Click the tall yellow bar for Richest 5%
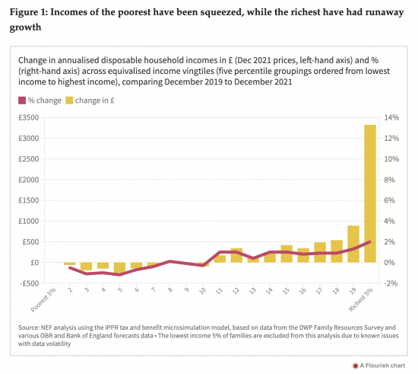(370, 193)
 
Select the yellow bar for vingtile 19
(353, 244)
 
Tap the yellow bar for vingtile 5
(119, 267)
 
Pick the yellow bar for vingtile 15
(287, 254)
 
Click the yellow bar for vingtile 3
(86, 266)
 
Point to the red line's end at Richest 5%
(370, 241)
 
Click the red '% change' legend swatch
(22, 101)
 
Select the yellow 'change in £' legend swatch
(69, 101)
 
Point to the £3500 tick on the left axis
(29, 117)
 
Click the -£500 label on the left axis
(30, 283)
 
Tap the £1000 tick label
(29, 221)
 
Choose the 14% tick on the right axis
(391, 117)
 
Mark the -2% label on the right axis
(391, 283)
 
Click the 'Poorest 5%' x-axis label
(43, 300)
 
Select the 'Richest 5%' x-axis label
(361, 300)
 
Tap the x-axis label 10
(203, 291)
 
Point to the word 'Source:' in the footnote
(29, 328)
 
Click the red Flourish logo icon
(355, 366)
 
